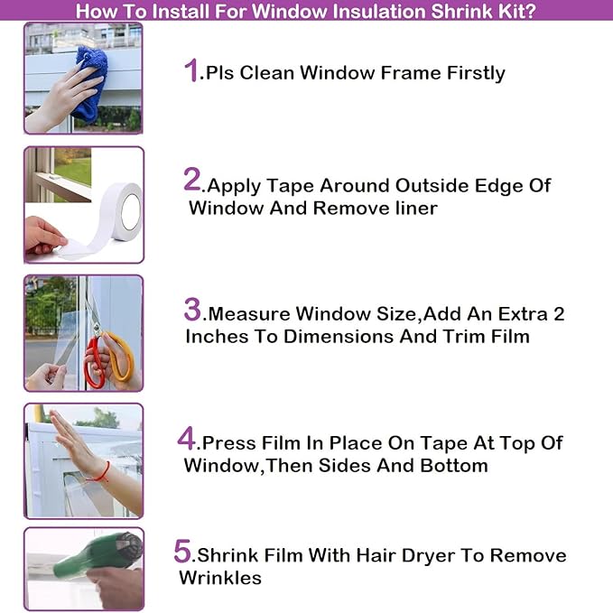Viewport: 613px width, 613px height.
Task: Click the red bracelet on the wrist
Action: (105, 472)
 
